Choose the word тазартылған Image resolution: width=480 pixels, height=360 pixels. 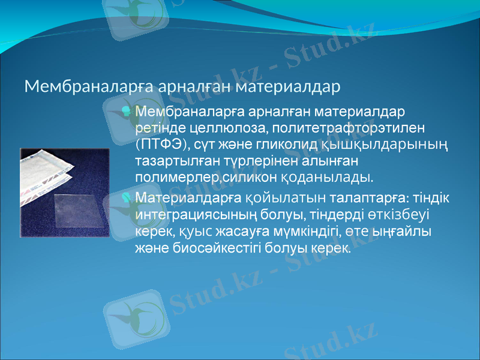[x=174, y=161]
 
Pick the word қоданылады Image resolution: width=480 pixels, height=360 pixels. [x=335, y=178]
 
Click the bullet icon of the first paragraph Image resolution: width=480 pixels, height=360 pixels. [x=127, y=112]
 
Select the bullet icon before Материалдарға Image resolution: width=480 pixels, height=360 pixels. [x=127, y=197]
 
